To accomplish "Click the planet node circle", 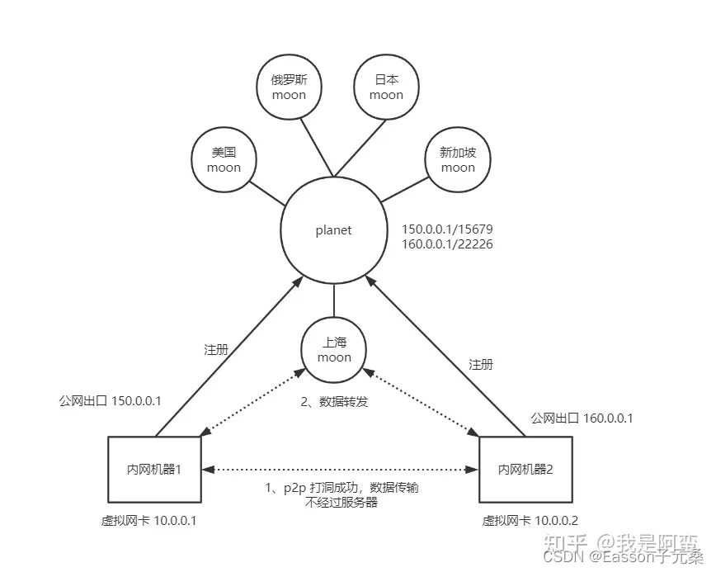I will coord(333,230).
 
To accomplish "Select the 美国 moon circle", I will coord(224,159).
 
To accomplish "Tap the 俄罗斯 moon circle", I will coord(288,87).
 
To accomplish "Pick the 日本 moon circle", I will coord(386,87).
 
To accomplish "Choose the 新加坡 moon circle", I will coord(457,159).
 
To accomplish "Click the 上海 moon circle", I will coord(333,350).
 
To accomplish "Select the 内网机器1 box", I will coord(155,468).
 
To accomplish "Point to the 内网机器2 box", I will coord(525,469).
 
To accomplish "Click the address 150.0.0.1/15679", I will coord(447,229).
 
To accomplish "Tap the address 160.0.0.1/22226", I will coord(447,244).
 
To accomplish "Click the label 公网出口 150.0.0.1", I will coord(110,400).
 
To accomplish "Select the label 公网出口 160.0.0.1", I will coord(582,418).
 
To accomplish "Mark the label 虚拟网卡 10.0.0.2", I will coord(530,522).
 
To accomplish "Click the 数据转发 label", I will coord(335,402).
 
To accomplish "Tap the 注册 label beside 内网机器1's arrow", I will coord(216,349).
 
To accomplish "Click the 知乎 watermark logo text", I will coord(568,543).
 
